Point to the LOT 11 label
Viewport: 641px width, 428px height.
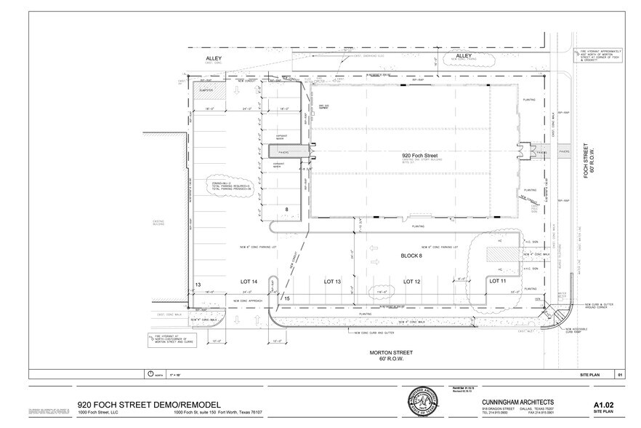(497, 281)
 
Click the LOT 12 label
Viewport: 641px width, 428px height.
(411, 281)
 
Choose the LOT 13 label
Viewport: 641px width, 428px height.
(333, 281)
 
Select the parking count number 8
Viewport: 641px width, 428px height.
(286, 210)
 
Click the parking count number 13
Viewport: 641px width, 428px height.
(197, 285)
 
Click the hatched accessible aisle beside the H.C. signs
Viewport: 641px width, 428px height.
(500, 254)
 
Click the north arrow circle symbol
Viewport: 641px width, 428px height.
(151, 374)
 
